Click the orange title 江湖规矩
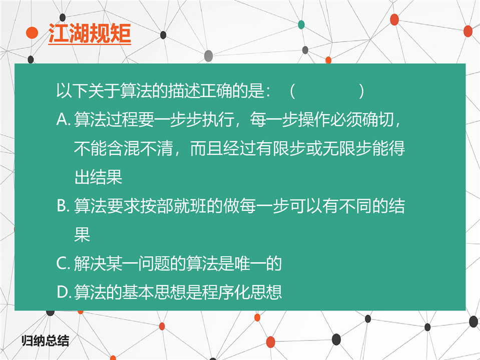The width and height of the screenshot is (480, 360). coord(90,33)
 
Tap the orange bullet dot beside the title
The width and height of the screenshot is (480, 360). coord(32,33)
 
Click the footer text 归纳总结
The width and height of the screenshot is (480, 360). coord(46,340)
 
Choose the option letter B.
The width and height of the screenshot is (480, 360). coord(63,206)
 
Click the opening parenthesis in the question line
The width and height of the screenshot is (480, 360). coord(292,91)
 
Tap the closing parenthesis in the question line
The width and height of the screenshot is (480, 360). coord(361,91)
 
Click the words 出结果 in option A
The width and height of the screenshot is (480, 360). coord(98,177)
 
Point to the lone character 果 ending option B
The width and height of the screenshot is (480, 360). coord(82,234)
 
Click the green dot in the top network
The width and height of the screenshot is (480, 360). coord(301,25)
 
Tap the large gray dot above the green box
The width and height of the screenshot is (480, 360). coord(209,56)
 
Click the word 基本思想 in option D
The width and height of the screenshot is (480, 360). coord(154,292)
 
